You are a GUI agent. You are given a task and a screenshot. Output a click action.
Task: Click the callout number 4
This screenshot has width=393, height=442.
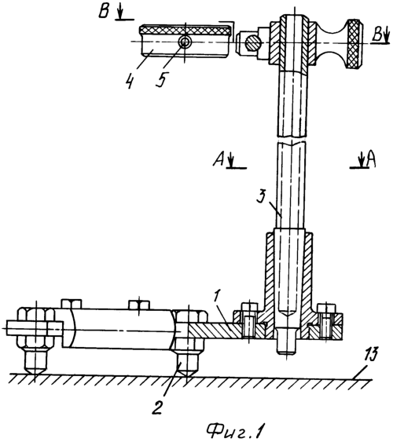(x=130, y=81)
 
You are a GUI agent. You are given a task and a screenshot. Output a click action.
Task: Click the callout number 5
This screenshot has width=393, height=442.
(x=162, y=79)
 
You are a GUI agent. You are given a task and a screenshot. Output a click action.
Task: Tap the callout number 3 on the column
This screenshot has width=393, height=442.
(x=262, y=196)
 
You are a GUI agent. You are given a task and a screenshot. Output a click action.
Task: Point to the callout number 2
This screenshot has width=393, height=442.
(x=157, y=407)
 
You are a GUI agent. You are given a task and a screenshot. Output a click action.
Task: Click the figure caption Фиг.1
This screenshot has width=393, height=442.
(x=235, y=430)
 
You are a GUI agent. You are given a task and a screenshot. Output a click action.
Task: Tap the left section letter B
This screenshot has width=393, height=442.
(x=104, y=11)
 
